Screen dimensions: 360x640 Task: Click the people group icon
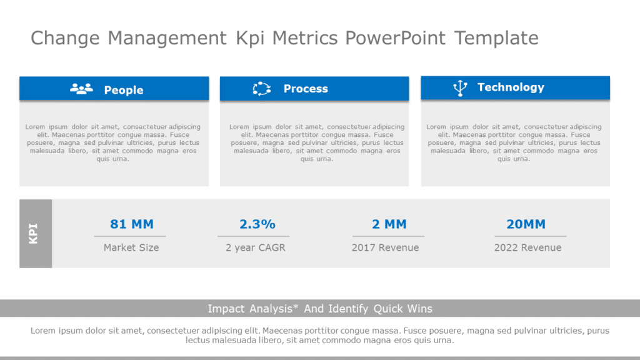[81, 89]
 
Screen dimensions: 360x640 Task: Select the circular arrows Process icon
[261, 89]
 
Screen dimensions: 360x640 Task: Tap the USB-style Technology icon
[460, 88]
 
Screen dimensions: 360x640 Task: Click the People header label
[124, 90]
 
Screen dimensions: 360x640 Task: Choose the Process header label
[306, 89]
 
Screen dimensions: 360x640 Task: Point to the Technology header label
[511, 87]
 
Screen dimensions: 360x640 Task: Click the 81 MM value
[131, 224]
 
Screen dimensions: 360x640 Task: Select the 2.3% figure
[257, 224]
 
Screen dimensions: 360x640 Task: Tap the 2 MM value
[389, 224]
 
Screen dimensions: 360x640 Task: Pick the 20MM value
[526, 224]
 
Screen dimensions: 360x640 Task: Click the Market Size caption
[131, 247]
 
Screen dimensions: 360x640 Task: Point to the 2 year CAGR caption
[255, 247]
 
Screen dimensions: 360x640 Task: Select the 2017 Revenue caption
[385, 247]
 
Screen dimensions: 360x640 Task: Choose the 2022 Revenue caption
[527, 247]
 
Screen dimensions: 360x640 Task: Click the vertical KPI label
[34, 234]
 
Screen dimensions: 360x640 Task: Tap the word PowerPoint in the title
[395, 38]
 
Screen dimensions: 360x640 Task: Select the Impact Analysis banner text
[320, 309]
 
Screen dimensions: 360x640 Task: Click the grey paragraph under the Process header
[316, 142]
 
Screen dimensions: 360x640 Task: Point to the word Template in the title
[496, 38]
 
